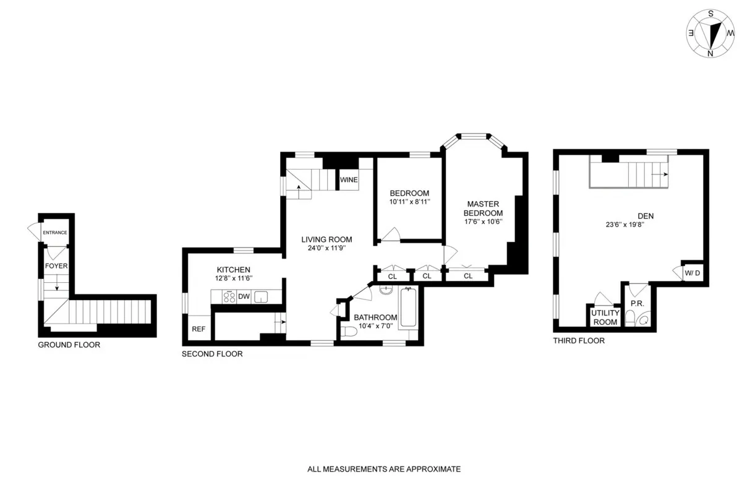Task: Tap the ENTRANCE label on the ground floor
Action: (54, 233)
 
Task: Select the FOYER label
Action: (56, 265)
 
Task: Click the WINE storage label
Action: (348, 180)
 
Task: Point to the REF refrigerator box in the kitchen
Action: (198, 329)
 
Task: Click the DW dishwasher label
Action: (244, 297)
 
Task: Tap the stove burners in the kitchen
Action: (228, 297)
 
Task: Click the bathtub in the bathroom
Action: (409, 308)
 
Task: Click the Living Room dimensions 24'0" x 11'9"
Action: (326, 249)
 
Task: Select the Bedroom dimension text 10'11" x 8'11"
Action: (409, 202)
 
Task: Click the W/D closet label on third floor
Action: (692, 273)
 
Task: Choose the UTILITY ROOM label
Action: (605, 317)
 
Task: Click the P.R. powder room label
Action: (636, 304)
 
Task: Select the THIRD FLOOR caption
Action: (579, 341)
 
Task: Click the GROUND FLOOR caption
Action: (69, 345)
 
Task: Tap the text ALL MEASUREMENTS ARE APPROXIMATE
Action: (384, 469)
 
